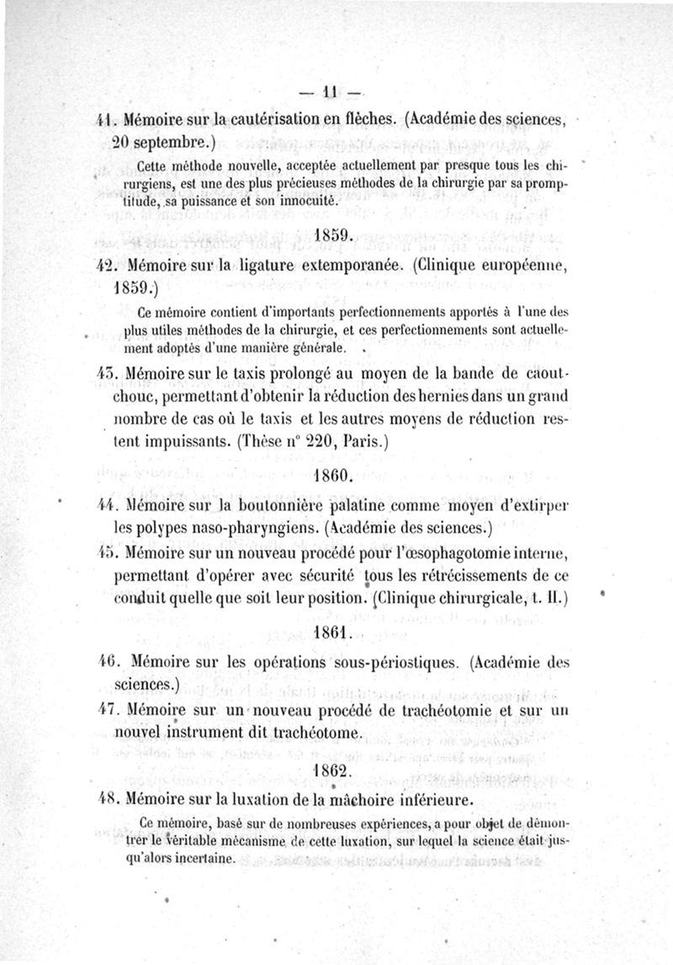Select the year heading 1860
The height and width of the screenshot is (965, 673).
pos(336,475)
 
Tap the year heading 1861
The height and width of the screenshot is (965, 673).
pos(336,632)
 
